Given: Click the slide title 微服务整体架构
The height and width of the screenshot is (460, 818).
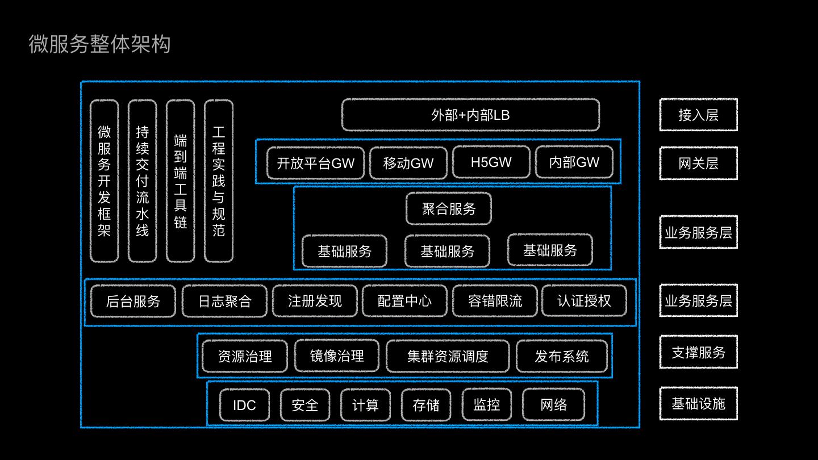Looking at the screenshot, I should pyautogui.click(x=99, y=44).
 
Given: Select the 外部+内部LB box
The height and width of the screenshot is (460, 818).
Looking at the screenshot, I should pyautogui.click(x=470, y=115).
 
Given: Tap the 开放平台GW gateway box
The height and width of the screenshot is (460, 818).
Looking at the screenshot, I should pyautogui.click(x=315, y=163).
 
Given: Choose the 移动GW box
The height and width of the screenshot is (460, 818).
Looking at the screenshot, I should pyautogui.click(x=408, y=163).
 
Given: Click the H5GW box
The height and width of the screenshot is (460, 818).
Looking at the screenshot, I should pyautogui.click(x=491, y=162).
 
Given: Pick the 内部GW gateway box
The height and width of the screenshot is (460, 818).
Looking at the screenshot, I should pyautogui.click(x=574, y=162).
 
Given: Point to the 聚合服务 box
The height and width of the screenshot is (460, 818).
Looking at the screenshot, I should pyautogui.click(x=448, y=208).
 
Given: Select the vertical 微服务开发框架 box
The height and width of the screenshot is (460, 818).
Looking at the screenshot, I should pyautogui.click(x=105, y=181).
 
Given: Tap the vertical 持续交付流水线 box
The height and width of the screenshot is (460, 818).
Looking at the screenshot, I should pyautogui.click(x=142, y=181).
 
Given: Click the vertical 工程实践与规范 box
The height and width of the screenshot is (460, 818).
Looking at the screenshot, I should pyautogui.click(x=219, y=181).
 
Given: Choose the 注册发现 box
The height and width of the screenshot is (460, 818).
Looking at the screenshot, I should pyautogui.click(x=315, y=300).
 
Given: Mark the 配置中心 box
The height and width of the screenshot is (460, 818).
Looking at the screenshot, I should pyautogui.click(x=404, y=300).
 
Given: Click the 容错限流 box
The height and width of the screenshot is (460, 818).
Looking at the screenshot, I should pyautogui.click(x=495, y=300).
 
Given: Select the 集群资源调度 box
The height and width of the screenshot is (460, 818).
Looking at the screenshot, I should pyautogui.click(x=448, y=356).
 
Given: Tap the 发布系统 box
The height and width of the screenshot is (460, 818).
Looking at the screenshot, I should pyautogui.click(x=561, y=356).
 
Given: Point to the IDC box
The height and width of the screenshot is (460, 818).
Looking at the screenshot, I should pyautogui.click(x=244, y=405).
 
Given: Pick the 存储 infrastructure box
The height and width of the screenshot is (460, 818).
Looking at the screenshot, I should pyautogui.click(x=426, y=405).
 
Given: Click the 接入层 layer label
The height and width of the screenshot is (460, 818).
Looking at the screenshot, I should pyautogui.click(x=698, y=115).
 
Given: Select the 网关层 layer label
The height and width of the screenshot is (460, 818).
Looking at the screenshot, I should pyautogui.click(x=698, y=164).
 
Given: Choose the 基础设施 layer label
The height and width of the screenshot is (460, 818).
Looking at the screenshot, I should pyautogui.click(x=698, y=404).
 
